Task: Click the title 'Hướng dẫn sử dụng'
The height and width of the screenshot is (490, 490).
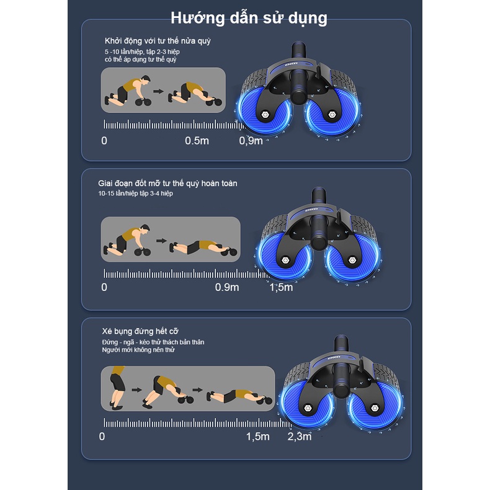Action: click(x=248, y=17)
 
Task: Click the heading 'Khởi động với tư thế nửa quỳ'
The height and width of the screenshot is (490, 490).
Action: click(x=159, y=41)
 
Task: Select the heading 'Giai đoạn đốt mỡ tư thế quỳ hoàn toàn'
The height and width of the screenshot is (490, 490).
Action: click(x=167, y=183)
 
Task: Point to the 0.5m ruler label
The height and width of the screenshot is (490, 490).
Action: click(x=197, y=141)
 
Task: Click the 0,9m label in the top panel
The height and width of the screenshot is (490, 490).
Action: click(x=251, y=141)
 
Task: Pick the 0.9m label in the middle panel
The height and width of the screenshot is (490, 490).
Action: click(x=226, y=287)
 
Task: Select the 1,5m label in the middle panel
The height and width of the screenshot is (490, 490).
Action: click(x=281, y=287)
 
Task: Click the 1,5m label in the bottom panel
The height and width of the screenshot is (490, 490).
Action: click(x=258, y=437)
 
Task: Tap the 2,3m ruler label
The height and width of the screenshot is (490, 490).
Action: click(x=300, y=437)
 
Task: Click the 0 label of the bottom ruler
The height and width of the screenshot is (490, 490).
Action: click(x=102, y=437)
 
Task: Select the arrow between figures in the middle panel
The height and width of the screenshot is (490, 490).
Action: click(x=161, y=241)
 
